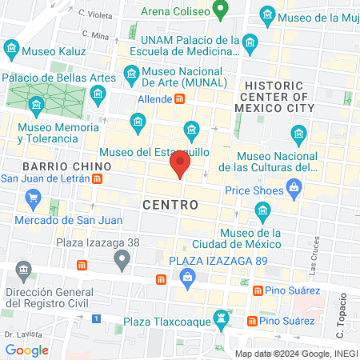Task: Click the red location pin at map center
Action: coord(180,166)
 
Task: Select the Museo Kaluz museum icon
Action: coord(12,50)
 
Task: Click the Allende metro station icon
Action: coord(181,99)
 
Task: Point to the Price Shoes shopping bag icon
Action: coord(295,190)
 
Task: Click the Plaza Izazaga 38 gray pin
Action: coord(122,258)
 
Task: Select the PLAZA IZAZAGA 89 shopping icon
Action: coord(188,278)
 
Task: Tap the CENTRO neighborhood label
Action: coord(170,205)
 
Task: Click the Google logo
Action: coord(27,350)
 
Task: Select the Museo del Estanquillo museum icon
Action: coord(191,130)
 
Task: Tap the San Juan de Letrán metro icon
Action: coord(97,179)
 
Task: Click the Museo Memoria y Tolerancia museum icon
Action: coord(36,105)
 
